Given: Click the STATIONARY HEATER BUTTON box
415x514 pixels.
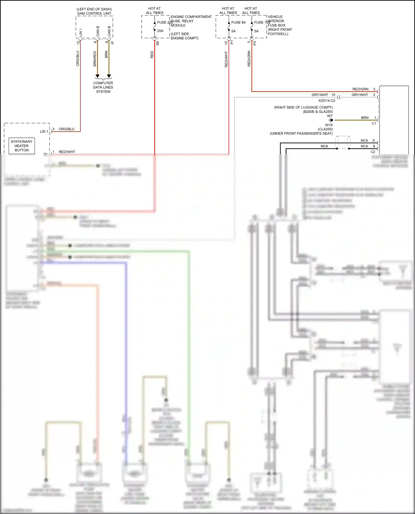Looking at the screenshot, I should click(x=22, y=146).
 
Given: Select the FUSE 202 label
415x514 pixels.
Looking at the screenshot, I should click(x=165, y=22).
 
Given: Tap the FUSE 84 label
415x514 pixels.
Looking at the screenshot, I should click(x=238, y=22).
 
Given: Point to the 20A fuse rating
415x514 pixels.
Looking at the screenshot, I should click(x=160, y=31).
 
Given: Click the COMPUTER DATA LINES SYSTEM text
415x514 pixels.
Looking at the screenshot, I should click(x=103, y=87).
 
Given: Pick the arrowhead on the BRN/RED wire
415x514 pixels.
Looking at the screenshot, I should click(x=97, y=76).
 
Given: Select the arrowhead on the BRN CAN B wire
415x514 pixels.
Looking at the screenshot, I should click(x=109, y=76).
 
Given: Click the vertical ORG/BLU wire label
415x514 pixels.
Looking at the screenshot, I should click(x=78, y=58).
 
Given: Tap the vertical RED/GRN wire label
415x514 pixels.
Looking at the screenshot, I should click(x=249, y=59).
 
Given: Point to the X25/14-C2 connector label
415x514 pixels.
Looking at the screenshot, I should click(x=326, y=101).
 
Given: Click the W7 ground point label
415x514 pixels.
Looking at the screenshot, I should click(x=330, y=116).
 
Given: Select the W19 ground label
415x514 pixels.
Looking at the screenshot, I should click(x=329, y=125).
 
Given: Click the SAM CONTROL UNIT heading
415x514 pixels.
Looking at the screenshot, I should click(x=94, y=13).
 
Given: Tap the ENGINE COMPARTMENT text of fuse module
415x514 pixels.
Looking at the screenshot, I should click(x=191, y=17).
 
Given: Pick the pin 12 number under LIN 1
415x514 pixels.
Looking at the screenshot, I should click(x=78, y=43).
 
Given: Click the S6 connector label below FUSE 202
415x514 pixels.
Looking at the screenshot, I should click(x=157, y=43).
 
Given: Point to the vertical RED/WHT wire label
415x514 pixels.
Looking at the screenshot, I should click(x=226, y=59).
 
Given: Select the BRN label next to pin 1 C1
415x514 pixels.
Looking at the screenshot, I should click(x=365, y=118).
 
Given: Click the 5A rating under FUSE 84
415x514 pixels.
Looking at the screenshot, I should click(x=234, y=31).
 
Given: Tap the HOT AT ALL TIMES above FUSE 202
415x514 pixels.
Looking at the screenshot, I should click(x=154, y=10).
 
